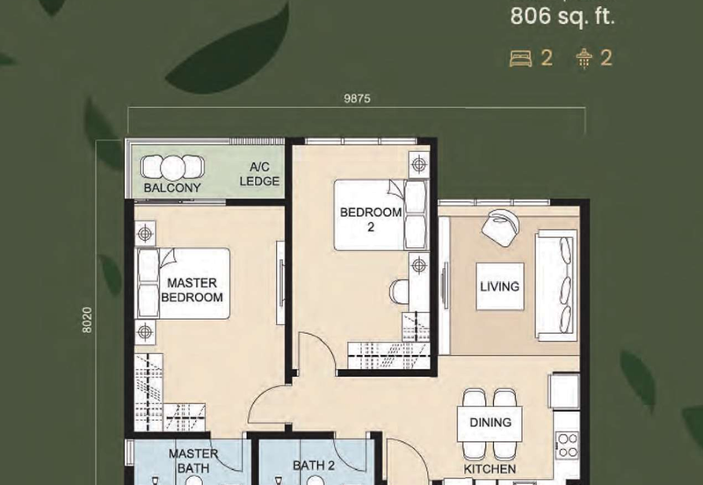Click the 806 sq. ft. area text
(562, 18)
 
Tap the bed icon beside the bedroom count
(520, 58)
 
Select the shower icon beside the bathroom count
(584, 59)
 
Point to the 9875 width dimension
(358, 98)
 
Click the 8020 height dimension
(87, 320)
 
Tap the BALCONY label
(172, 188)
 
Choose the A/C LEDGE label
(259, 174)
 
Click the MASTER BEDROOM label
(192, 290)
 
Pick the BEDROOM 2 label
(371, 219)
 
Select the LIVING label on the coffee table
(500, 286)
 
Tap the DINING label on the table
(490, 423)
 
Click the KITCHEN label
(489, 469)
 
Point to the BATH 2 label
(314, 466)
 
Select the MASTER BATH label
(193, 460)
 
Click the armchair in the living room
(501, 228)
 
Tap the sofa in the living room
(556, 286)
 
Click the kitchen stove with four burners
(567, 445)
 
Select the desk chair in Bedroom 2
(399, 291)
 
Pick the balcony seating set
(172, 168)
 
